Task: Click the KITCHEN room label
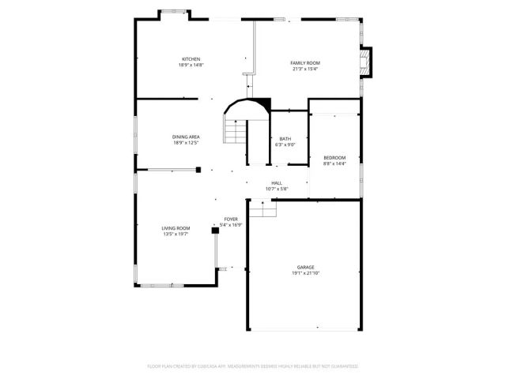coord(191,59)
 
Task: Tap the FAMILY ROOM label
coord(304,63)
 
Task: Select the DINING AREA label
coord(186,137)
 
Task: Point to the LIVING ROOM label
coord(176,228)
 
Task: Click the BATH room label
coord(285,139)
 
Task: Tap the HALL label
coord(277,183)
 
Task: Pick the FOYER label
coord(231,219)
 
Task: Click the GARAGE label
coord(305,268)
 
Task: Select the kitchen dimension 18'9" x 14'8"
coord(191,66)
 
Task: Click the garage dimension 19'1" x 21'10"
coord(305,273)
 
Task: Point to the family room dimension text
coord(304,69)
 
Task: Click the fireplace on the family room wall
coord(365,62)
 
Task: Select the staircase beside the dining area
coord(235,130)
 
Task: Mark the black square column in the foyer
coord(214,231)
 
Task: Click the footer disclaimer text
coord(253,366)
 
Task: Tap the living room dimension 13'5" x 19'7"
coord(176,234)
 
